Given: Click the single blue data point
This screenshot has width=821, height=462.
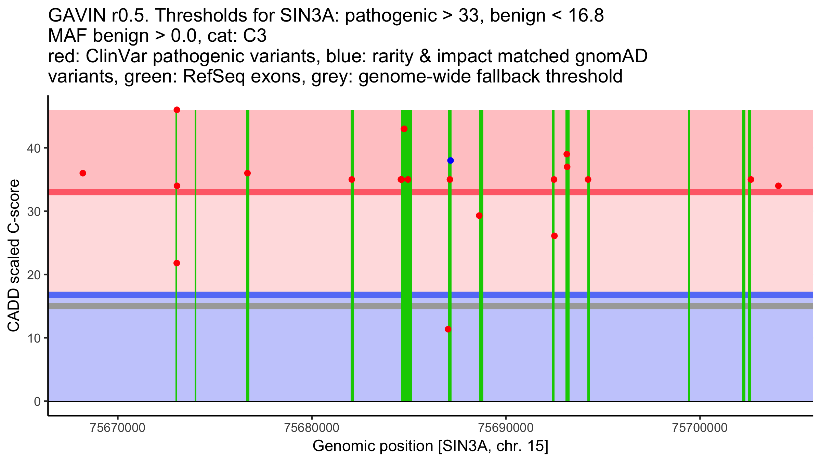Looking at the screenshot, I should click(450, 161).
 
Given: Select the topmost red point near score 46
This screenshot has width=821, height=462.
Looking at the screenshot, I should click(177, 110).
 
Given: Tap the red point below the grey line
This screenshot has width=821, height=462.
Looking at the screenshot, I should click(448, 329).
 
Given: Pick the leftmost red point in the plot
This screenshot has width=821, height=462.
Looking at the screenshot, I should click(83, 173).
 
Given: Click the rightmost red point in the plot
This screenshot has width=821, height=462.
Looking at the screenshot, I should click(778, 186).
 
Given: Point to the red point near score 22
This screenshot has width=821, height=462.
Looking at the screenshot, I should click(177, 263).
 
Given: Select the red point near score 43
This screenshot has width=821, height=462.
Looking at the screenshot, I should click(404, 129).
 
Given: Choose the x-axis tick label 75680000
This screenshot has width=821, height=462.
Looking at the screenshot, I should click(312, 428).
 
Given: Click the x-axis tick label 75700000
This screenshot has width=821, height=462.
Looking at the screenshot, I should click(700, 428).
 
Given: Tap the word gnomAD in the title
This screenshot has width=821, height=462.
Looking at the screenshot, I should click(611, 56).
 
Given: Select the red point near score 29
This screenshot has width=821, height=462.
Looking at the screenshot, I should click(479, 216).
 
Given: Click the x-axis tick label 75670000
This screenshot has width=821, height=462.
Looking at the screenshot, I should click(118, 428).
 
